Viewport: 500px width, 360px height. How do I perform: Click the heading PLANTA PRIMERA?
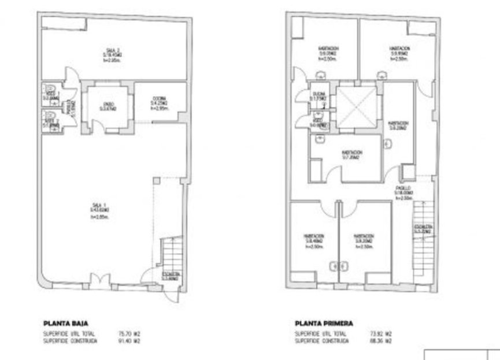[x=323, y=324]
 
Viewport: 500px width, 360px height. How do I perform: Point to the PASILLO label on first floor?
[x=403, y=189]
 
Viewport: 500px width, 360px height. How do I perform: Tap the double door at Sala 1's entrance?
[x=98, y=281]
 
